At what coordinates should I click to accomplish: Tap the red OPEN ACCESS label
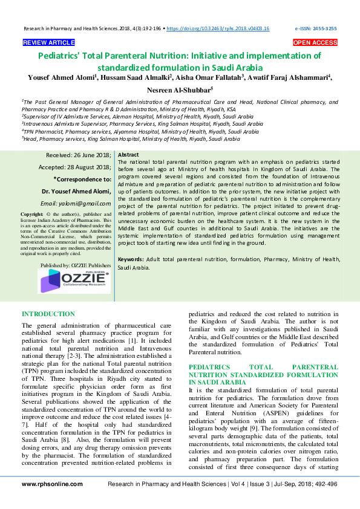tap(315, 43)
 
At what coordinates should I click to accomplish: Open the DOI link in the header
tap(217, 28)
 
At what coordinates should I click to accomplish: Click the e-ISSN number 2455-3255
tap(325, 28)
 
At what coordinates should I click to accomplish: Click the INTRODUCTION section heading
tap(48, 314)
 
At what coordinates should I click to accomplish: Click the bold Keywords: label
tap(131, 259)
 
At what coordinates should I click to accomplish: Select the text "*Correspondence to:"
tap(82, 179)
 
